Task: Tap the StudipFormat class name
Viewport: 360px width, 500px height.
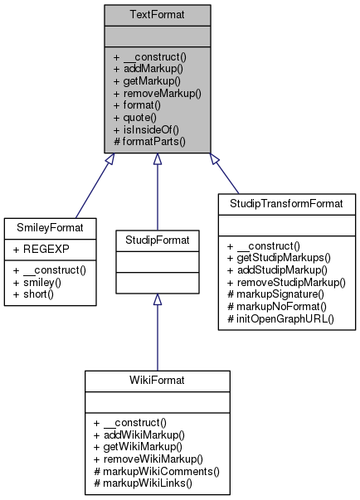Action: click(x=157, y=241)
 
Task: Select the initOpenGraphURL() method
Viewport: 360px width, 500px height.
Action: click(x=285, y=318)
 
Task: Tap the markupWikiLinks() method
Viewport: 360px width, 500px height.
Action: click(x=148, y=483)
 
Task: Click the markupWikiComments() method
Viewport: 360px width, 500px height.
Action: click(x=158, y=470)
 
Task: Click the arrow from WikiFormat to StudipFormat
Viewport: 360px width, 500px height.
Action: click(x=157, y=323)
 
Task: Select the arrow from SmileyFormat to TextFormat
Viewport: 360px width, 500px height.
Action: click(x=91, y=187)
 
